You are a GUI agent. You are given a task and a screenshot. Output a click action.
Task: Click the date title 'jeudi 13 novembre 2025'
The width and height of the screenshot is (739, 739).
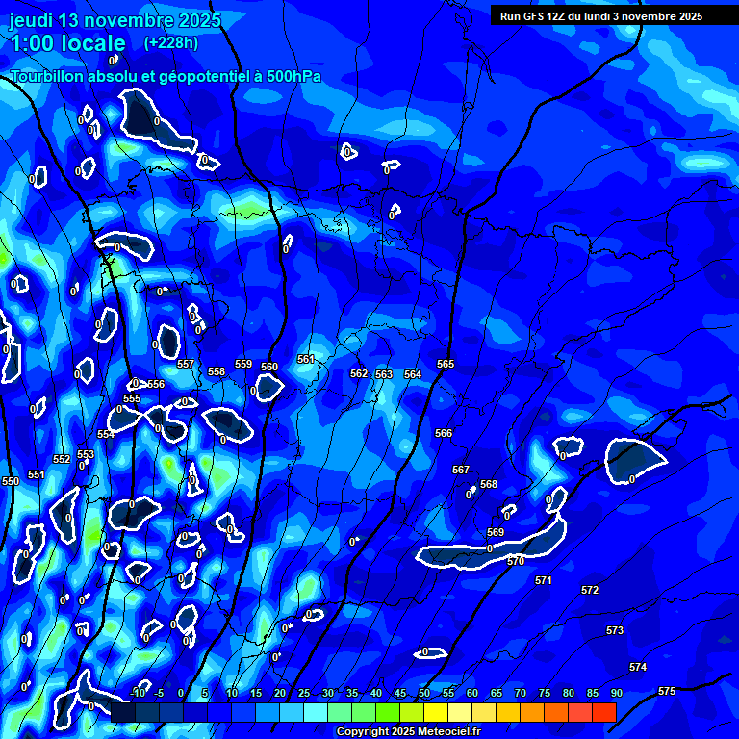[x=115, y=20]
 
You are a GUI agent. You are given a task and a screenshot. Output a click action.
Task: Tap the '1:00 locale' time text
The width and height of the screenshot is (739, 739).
[x=68, y=43]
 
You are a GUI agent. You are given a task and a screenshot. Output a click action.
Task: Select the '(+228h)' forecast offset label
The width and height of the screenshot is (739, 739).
[x=171, y=43]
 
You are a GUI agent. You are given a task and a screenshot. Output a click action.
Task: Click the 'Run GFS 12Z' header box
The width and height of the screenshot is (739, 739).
[x=601, y=16]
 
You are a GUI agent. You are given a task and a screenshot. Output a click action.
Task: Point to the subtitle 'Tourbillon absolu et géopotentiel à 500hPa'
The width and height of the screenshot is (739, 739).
[x=166, y=77]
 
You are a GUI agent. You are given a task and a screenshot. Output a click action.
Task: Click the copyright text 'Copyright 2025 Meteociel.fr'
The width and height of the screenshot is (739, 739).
[x=408, y=732]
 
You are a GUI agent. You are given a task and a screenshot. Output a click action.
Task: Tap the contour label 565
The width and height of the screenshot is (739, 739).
[x=446, y=364]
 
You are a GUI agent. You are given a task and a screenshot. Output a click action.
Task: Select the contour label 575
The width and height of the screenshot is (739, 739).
[x=667, y=691]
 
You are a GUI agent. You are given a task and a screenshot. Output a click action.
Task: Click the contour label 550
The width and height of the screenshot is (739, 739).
[x=11, y=481]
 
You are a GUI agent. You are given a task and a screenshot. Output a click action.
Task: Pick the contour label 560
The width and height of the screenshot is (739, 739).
[x=269, y=367]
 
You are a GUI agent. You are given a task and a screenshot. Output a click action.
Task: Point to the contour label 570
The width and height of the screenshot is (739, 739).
[x=516, y=561]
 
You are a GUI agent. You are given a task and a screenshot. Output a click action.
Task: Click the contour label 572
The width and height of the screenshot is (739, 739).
[x=590, y=590]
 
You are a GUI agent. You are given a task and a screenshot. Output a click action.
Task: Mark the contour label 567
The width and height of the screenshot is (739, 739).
[x=461, y=470]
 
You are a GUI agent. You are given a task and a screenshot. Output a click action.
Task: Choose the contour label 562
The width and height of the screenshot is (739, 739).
[x=359, y=373]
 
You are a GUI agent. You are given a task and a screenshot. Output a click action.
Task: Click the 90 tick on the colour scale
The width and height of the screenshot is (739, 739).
[x=616, y=694]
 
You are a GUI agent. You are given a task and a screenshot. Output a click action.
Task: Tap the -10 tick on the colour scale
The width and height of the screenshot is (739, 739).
[x=137, y=694]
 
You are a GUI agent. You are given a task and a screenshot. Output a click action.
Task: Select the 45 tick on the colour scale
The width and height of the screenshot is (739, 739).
[x=400, y=694]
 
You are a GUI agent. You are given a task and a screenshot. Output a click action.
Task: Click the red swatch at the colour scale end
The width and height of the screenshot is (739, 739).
[x=603, y=712]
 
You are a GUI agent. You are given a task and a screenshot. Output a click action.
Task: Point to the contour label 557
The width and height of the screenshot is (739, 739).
[x=186, y=365]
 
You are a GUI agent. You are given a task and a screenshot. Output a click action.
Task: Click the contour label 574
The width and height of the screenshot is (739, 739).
[x=638, y=667]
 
